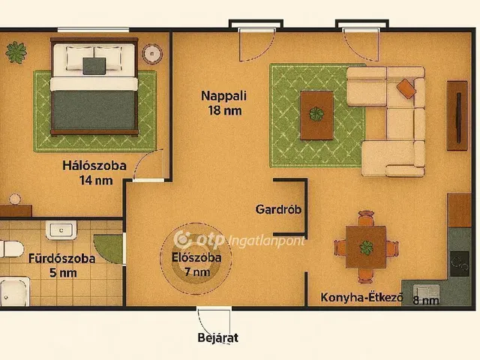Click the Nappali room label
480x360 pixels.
[x=223, y=96]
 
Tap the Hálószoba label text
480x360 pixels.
[x=94, y=166]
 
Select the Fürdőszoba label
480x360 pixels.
[x=61, y=259]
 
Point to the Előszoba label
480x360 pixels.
[x=196, y=258]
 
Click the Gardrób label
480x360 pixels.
[x=278, y=209]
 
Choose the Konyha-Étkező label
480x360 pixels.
[x=361, y=298]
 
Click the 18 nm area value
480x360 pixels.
[x=223, y=111]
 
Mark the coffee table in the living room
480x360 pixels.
[x=316, y=115]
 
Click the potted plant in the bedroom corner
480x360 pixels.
[x=15, y=52]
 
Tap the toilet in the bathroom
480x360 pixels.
[x=10, y=249]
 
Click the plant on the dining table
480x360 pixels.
[x=367, y=247]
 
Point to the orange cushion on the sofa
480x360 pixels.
[x=406, y=88]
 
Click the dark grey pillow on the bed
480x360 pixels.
[x=95, y=66]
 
